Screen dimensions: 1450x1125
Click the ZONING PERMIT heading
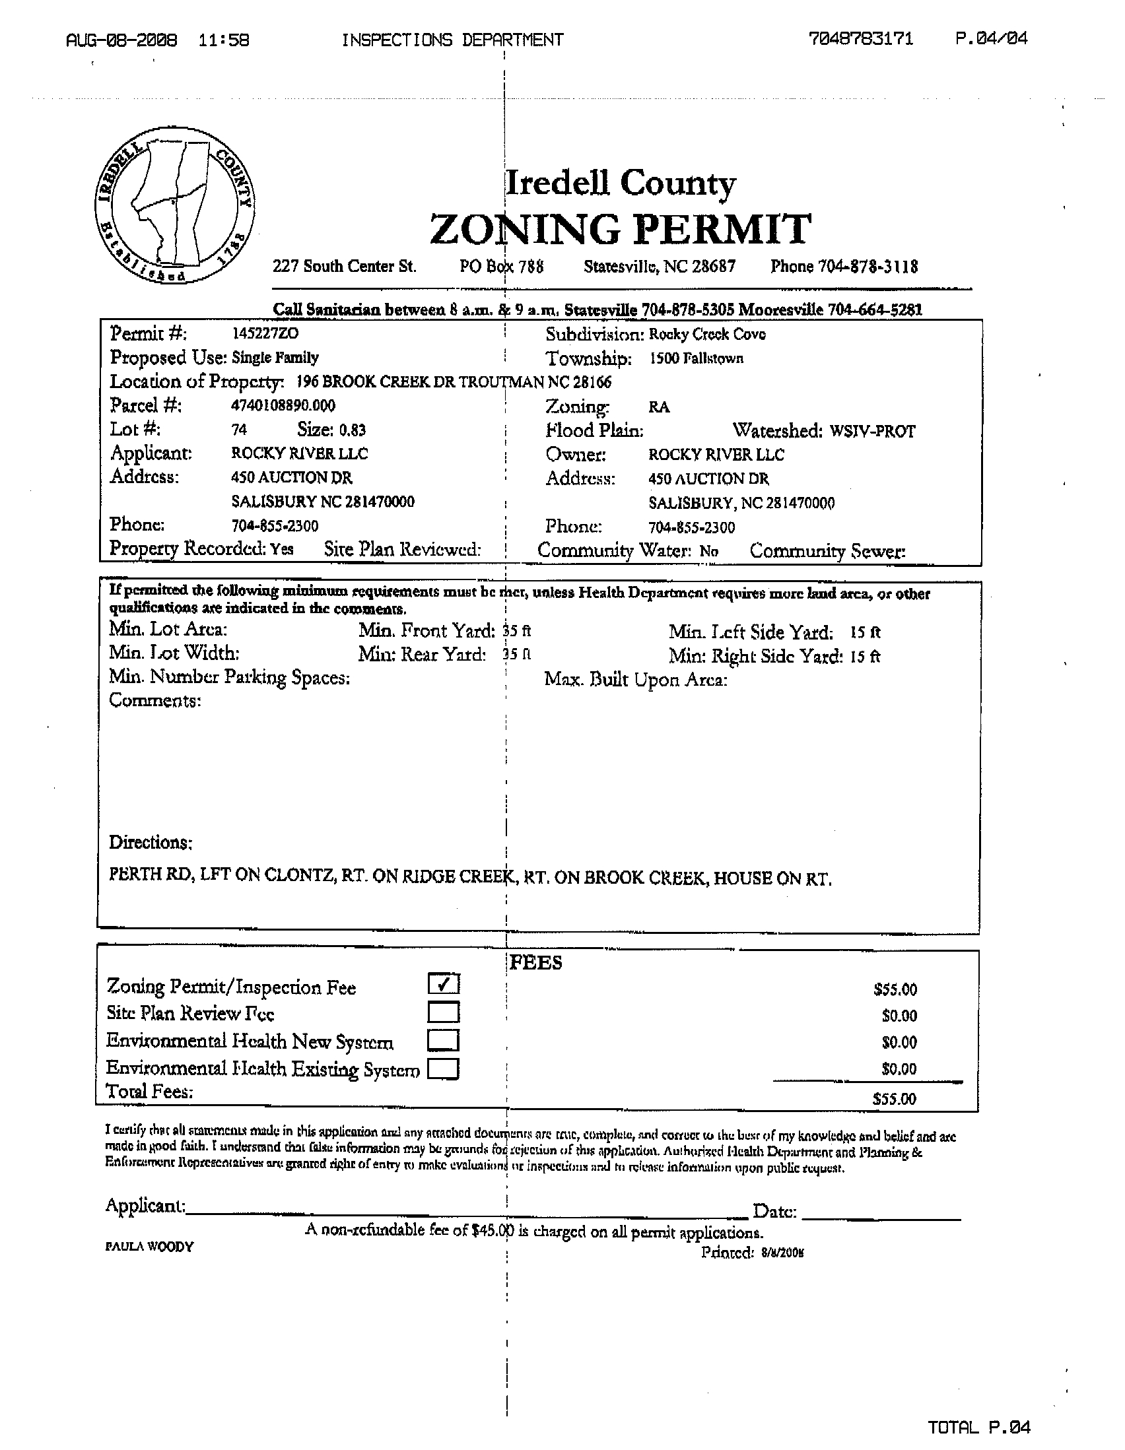621,229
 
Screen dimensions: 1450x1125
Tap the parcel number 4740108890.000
283,406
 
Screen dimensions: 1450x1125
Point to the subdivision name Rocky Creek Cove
706,335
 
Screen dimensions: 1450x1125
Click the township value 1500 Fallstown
697,359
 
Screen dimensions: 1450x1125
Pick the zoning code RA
659,408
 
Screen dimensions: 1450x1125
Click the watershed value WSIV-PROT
872,432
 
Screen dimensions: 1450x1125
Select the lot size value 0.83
352,430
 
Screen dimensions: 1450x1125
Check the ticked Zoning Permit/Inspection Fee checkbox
444,984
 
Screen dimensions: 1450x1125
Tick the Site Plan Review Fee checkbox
444,1012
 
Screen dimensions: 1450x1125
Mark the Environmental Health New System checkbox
444,1039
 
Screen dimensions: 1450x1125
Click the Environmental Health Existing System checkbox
444,1069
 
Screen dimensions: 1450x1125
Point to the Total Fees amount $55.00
894,1099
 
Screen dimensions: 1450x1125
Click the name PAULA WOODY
149,1247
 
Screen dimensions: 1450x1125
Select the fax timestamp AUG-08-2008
121,40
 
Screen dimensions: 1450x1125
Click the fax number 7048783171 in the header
861,38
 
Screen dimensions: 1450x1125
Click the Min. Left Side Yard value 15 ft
866,633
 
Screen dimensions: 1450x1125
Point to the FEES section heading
536,963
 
